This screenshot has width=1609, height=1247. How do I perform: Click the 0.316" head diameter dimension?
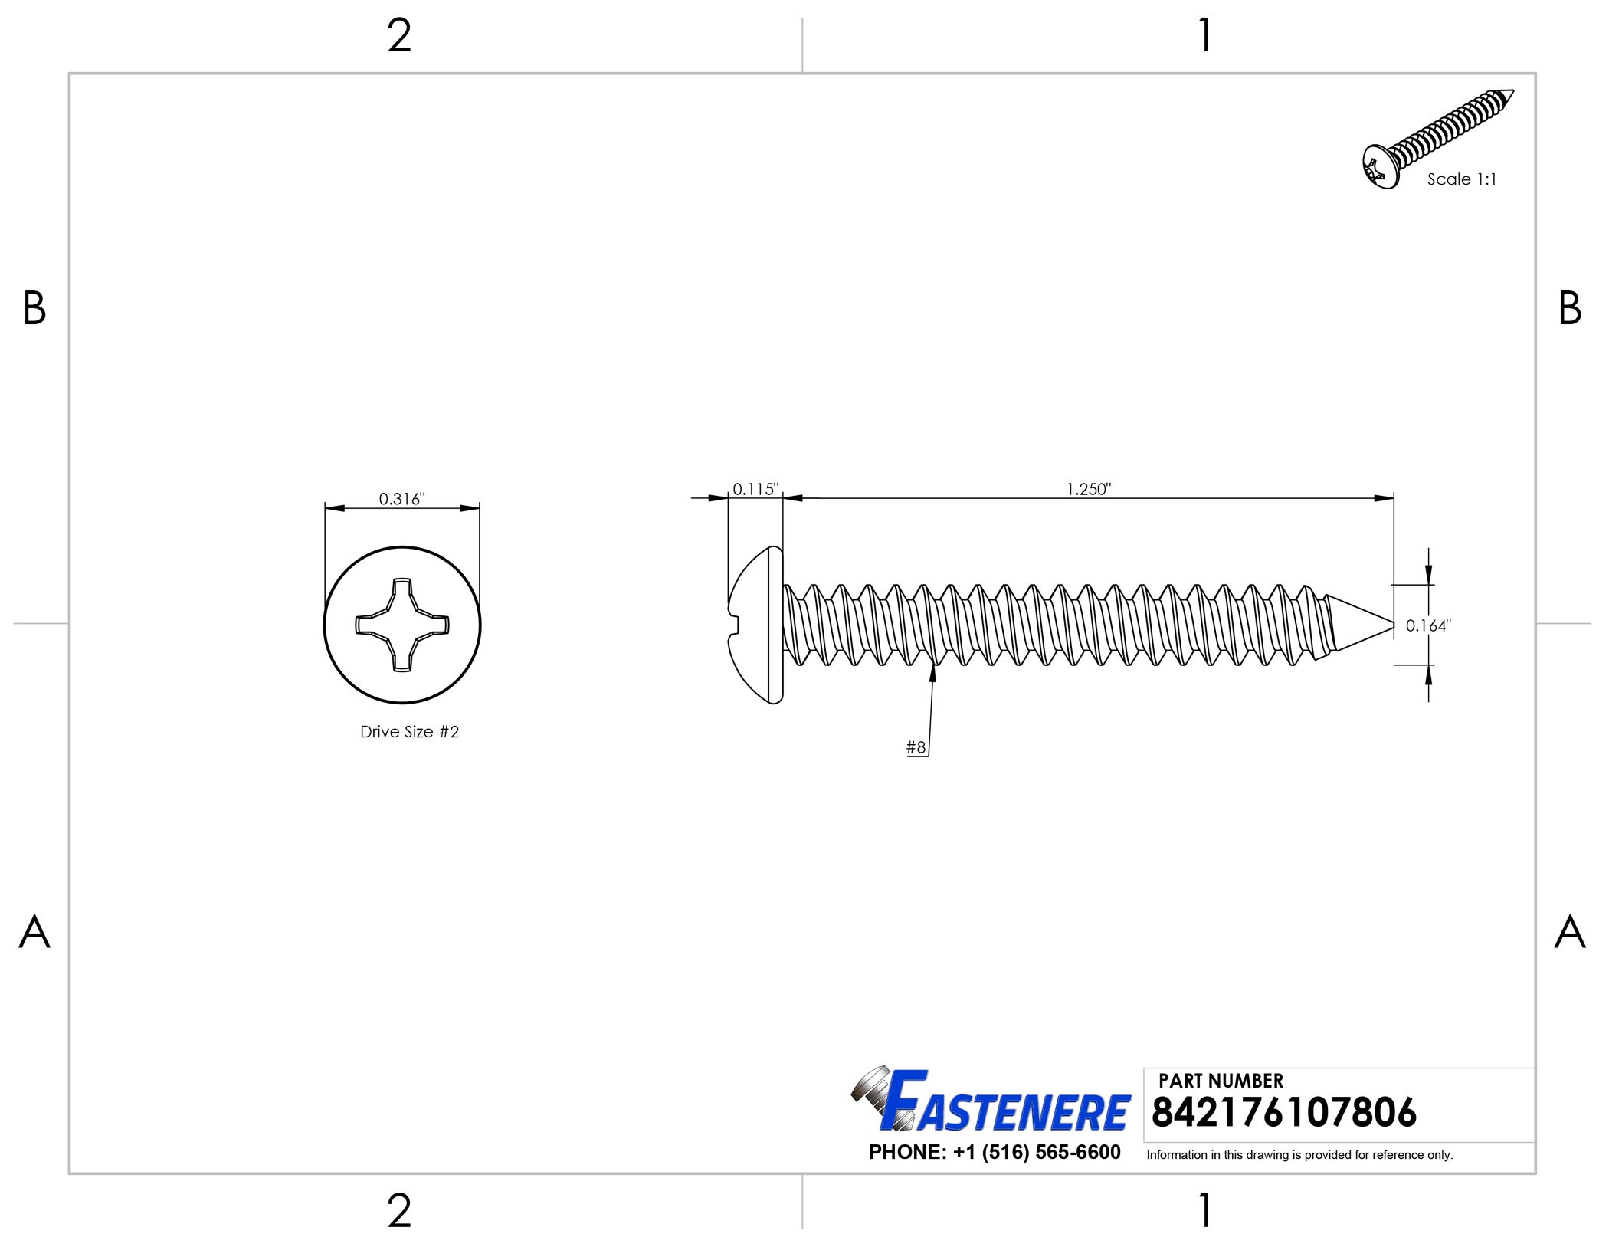[x=401, y=499]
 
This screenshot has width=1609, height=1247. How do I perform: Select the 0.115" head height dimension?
[x=755, y=489]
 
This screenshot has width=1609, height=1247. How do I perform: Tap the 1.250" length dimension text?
[x=1089, y=489]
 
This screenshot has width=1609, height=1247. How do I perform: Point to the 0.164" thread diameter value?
[x=1428, y=625]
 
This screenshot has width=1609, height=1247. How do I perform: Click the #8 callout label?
[x=916, y=747]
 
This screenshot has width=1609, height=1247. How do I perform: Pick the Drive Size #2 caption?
[x=410, y=732]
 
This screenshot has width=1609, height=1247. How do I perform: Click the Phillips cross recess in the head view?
[x=402, y=625]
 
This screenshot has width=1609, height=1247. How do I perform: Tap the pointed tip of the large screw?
[x=1393, y=624]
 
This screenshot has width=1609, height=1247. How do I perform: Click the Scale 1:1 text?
[x=1461, y=179]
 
